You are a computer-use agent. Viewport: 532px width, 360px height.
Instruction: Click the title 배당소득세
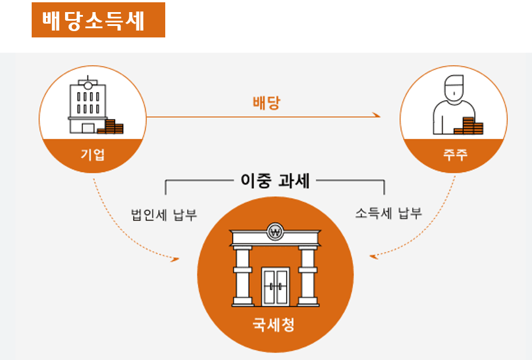(98, 20)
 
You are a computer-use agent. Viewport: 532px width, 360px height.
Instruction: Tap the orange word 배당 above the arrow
(266, 103)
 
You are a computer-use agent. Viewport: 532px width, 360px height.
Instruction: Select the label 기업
(93, 154)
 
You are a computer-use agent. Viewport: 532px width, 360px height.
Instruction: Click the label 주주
(453, 154)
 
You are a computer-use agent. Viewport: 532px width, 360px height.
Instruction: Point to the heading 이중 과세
(275, 181)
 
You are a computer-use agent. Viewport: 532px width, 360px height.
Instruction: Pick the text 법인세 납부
(164, 214)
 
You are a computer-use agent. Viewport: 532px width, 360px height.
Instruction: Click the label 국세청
(274, 325)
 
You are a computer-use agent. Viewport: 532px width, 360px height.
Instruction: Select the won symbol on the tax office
(275, 233)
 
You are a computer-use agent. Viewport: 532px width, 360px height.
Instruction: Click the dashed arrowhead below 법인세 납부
(176, 259)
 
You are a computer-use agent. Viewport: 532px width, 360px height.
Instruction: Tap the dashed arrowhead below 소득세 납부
(374, 256)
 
